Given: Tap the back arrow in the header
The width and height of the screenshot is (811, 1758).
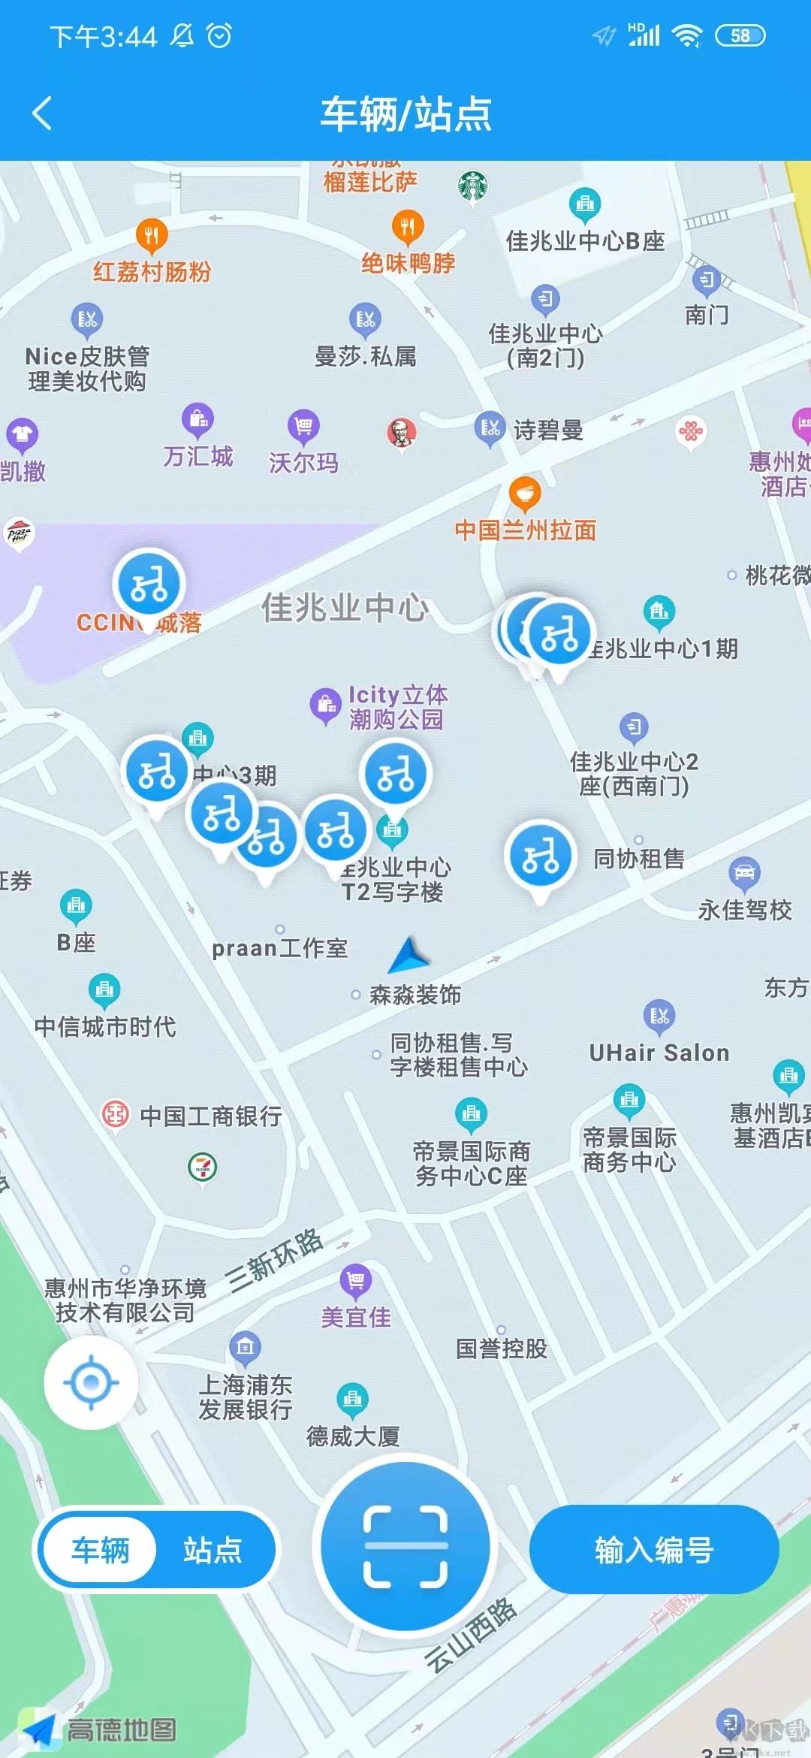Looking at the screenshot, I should click(x=43, y=113).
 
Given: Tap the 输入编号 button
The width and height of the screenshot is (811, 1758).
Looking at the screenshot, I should click(x=653, y=1550).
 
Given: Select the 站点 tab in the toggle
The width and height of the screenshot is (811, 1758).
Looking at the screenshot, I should click(x=213, y=1550).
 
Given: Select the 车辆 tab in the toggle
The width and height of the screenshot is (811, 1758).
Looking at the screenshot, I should click(x=101, y=1550).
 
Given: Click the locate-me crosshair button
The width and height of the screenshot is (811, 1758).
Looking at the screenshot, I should click(x=91, y=1382).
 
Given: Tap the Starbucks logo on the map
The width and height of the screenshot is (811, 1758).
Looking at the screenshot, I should click(x=472, y=186).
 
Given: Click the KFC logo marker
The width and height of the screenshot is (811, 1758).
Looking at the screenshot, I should click(x=402, y=432).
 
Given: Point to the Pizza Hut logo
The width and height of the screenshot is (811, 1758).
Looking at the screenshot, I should click(x=19, y=533).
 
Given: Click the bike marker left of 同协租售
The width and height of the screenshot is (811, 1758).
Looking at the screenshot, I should click(x=541, y=856).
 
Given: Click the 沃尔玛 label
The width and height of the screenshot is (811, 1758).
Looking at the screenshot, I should click(x=303, y=463).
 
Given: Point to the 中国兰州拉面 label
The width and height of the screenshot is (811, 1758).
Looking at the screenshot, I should click(x=525, y=530).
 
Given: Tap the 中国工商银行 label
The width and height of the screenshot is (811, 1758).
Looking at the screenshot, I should click(x=211, y=1116).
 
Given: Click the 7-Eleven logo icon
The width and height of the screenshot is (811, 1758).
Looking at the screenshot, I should click(x=202, y=1167).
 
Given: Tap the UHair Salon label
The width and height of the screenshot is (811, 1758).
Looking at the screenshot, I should click(x=659, y=1053).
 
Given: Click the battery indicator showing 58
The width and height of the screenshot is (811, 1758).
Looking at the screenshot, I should click(x=740, y=35).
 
